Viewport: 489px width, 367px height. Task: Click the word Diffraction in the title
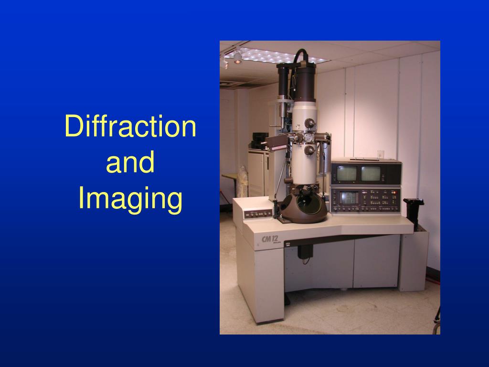(x=130, y=127)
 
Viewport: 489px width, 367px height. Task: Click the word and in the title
(x=130, y=162)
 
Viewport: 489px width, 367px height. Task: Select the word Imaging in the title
(x=130, y=198)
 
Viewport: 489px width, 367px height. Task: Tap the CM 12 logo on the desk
(x=271, y=238)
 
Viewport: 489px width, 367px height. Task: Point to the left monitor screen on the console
(x=345, y=173)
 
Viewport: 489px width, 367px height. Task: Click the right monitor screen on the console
(x=371, y=173)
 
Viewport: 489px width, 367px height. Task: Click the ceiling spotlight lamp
(x=237, y=57)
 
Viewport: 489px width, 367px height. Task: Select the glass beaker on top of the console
(x=381, y=154)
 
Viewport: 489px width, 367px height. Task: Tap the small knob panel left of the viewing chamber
(x=258, y=213)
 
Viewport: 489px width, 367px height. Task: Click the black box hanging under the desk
(x=305, y=251)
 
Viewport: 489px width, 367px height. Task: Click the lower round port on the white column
(x=309, y=150)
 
